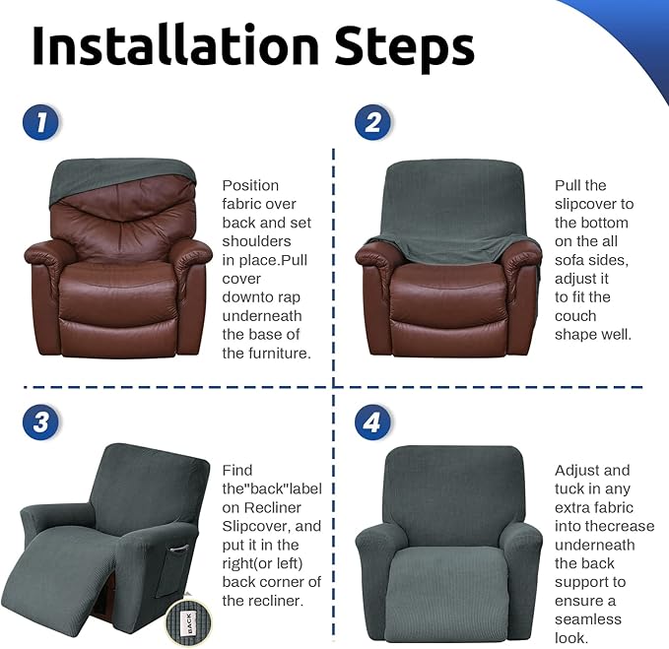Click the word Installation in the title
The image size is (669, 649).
click(x=175, y=45)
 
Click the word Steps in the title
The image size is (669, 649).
click(x=404, y=48)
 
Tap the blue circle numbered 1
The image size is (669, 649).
click(x=41, y=122)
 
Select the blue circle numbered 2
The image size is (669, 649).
click(x=372, y=122)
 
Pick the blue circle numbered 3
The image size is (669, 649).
click(x=41, y=422)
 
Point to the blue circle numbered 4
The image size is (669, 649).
click(x=372, y=422)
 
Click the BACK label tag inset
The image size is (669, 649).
click(x=188, y=622)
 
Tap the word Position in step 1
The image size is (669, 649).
click(x=250, y=185)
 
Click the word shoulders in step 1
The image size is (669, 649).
click(x=256, y=241)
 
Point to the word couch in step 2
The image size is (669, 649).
click(x=575, y=316)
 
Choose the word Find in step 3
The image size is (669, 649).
click(x=237, y=471)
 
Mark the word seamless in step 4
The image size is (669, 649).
click(x=588, y=619)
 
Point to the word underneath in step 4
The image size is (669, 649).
click(x=595, y=545)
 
